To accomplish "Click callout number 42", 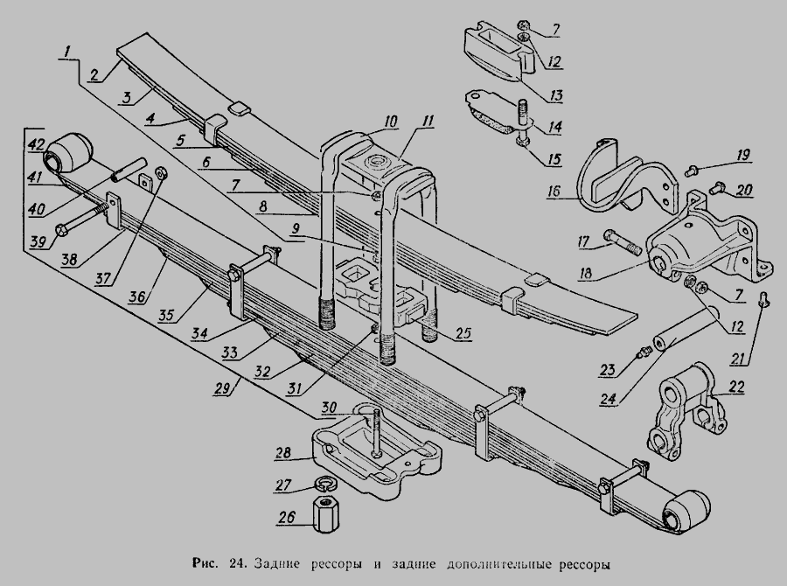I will [36, 143].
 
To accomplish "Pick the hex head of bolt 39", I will [61, 231].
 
